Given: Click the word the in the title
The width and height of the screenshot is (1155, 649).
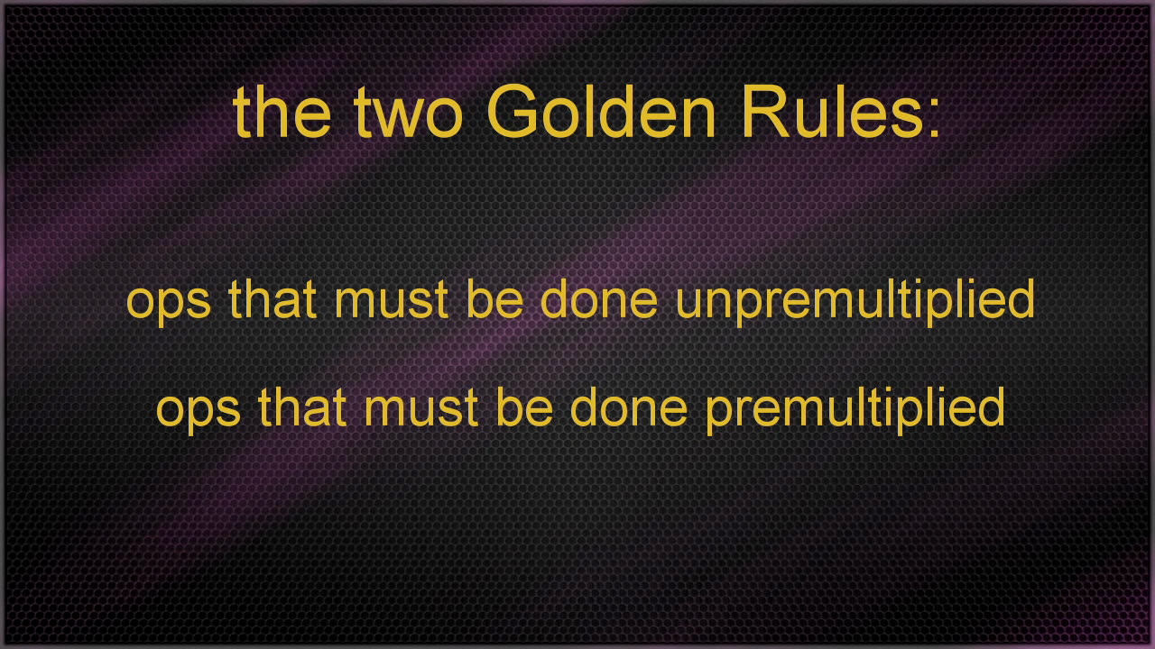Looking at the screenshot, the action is tap(282, 112).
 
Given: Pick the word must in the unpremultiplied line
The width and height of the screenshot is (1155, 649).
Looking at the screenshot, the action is tap(392, 301).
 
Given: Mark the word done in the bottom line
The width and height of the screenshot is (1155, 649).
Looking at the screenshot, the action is tap(629, 407).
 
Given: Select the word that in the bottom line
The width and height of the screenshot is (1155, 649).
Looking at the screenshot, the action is tap(302, 407).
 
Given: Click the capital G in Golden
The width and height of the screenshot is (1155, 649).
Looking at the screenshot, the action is tap(512, 111).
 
